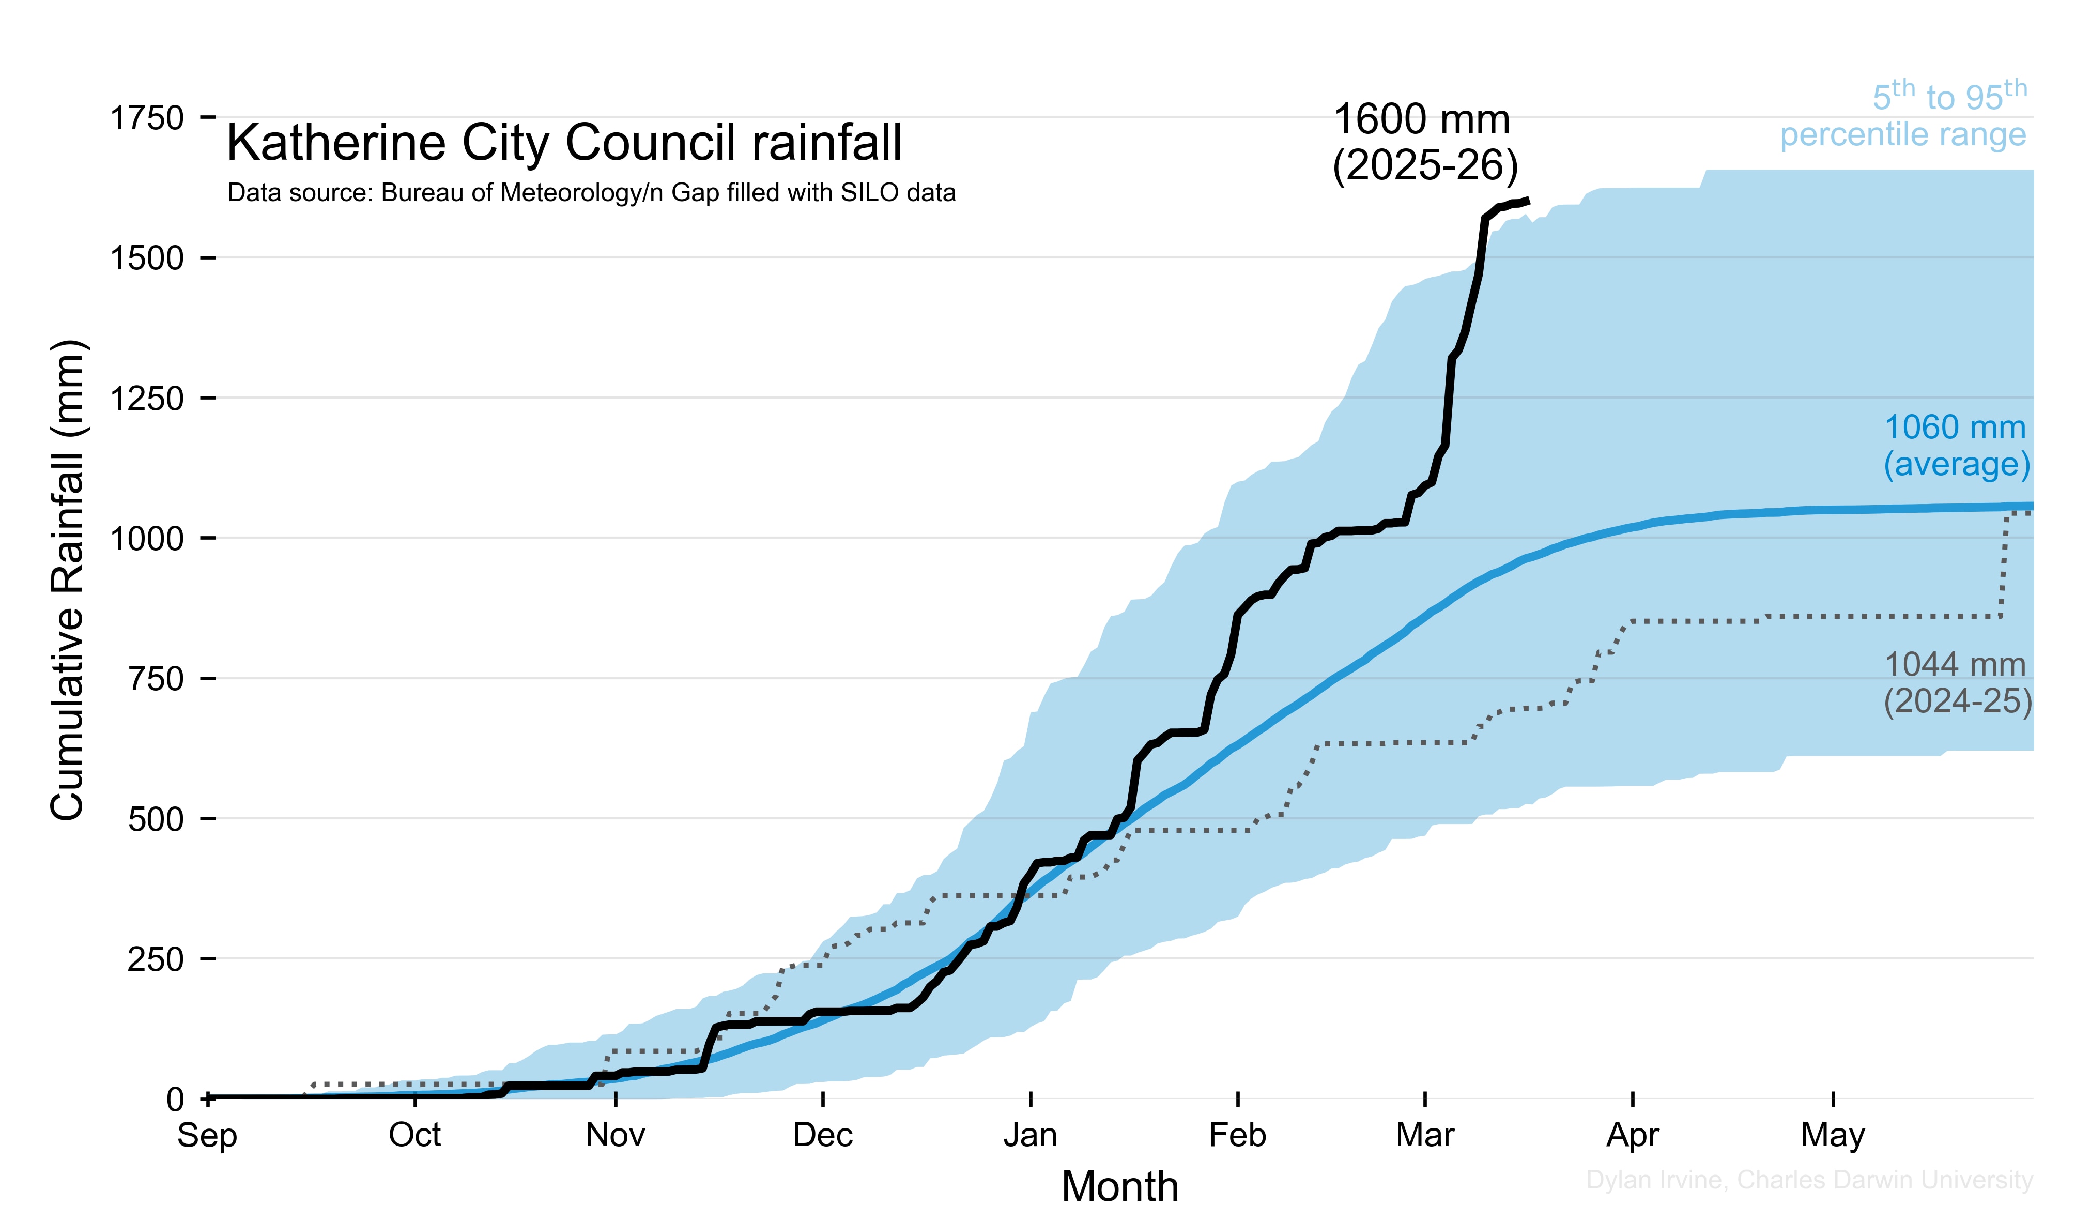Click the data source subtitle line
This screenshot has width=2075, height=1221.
591,193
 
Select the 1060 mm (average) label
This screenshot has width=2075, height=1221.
1957,446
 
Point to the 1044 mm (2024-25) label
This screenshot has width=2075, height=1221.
1957,682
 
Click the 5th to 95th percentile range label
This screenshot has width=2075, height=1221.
1904,115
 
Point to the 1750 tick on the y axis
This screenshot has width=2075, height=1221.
147,118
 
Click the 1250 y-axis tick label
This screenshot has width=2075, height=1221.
147,399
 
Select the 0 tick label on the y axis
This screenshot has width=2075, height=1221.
175,1099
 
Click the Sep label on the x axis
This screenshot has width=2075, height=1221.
208,1135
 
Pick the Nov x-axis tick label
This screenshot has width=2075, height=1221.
615,1135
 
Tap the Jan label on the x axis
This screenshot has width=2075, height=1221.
1030,1135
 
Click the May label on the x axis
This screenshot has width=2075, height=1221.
1833,1135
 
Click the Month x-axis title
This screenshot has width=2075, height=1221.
1120,1186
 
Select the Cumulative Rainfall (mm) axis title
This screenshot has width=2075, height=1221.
68,581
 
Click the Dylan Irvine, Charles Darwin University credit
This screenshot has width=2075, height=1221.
1809,1180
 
